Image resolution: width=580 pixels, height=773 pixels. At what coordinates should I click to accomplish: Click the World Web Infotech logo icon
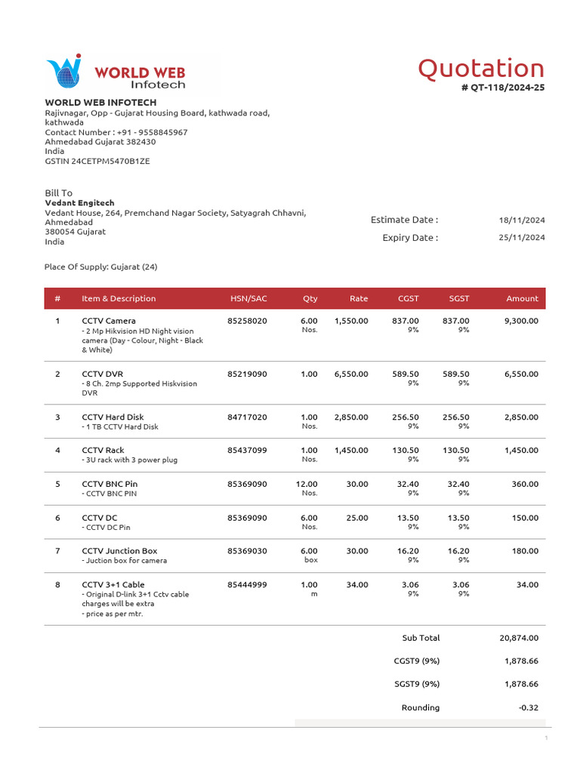click(x=63, y=73)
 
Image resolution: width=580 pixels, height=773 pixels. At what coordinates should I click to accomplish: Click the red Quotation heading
click(x=481, y=69)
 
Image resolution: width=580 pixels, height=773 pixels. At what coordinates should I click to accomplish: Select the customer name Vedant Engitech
click(x=80, y=203)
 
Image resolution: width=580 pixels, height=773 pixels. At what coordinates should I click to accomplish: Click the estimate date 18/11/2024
click(x=522, y=220)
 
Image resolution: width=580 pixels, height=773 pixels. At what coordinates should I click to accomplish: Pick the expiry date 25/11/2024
click(x=522, y=238)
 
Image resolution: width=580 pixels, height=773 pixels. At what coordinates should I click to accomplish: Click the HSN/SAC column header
click(x=248, y=299)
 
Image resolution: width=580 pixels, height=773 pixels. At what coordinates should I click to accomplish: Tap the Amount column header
click(x=522, y=299)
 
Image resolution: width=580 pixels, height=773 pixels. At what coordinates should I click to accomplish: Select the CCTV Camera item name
click(x=109, y=321)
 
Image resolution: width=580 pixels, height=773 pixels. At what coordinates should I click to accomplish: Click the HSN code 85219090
click(x=247, y=374)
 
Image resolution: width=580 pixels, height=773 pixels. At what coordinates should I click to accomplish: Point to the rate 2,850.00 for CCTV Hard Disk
click(x=351, y=417)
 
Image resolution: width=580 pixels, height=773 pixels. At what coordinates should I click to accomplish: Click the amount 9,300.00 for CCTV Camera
click(x=521, y=321)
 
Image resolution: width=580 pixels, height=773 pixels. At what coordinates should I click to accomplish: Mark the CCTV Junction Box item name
click(x=119, y=551)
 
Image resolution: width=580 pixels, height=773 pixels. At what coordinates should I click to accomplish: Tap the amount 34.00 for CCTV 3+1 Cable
click(x=527, y=585)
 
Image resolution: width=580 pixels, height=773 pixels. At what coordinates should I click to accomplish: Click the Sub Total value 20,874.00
click(x=519, y=638)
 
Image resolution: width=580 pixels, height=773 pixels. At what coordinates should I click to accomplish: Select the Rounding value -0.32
click(x=528, y=708)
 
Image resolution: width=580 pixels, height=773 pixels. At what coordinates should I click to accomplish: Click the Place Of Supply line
click(x=101, y=267)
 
